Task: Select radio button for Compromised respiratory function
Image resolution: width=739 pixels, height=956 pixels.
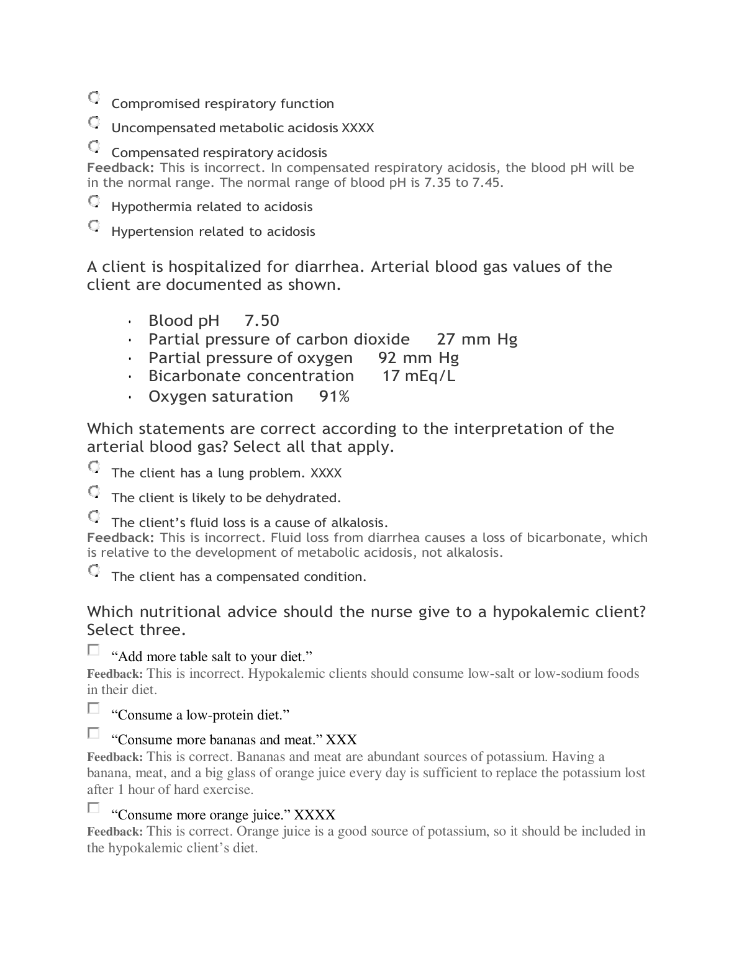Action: tap(94, 98)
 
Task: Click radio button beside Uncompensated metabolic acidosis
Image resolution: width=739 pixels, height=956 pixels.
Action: tap(94, 122)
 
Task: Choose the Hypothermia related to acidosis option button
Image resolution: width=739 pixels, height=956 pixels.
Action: tap(94, 201)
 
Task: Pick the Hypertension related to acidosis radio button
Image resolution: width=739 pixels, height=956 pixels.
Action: tap(94, 226)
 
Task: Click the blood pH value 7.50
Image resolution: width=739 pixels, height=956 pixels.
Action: tap(261, 321)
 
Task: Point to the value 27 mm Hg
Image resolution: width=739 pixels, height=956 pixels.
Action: tap(476, 340)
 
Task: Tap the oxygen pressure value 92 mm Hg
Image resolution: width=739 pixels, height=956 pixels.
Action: tap(418, 358)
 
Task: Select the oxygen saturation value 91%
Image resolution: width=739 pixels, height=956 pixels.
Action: tap(334, 397)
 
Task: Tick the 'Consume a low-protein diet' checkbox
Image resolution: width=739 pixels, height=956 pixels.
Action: tap(93, 708)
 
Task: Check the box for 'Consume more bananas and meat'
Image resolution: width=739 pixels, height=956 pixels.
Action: tap(93, 733)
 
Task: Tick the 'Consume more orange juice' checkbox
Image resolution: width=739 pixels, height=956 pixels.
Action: tap(93, 808)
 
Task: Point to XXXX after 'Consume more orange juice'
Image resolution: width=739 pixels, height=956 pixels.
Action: tap(314, 815)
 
